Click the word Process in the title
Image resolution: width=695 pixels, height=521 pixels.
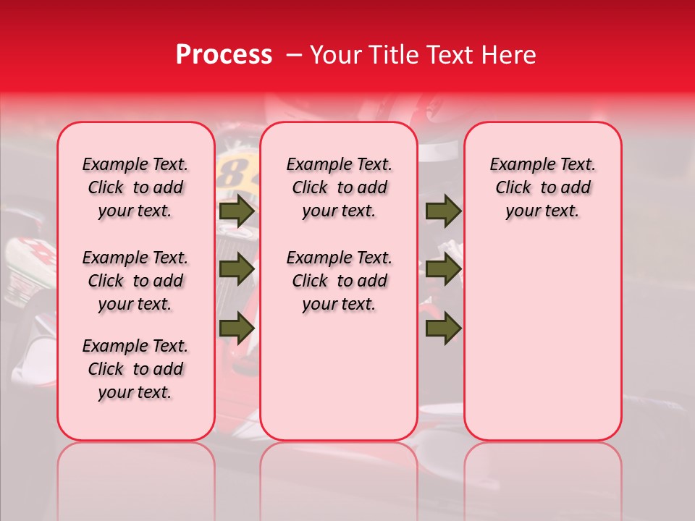(224, 55)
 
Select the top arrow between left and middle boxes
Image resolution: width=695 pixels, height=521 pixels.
(237, 211)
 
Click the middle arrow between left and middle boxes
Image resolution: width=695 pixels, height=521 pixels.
(237, 269)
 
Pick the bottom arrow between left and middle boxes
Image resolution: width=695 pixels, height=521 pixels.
(237, 329)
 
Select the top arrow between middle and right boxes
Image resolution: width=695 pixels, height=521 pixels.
(443, 211)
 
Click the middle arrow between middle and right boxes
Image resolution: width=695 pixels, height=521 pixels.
(443, 269)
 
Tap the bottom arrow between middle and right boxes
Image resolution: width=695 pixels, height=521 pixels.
(443, 329)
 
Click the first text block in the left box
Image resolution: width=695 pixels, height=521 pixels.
(135, 187)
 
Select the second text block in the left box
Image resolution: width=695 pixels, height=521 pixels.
(135, 281)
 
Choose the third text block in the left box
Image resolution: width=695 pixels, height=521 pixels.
(135, 369)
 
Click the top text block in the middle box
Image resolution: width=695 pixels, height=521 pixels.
(339, 187)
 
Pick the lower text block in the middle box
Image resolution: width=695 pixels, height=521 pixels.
(339, 281)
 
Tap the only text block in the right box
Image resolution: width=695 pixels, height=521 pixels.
(542, 187)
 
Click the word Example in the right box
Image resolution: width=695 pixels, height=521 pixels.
(519, 165)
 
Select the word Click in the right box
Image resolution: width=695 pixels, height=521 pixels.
(513, 188)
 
